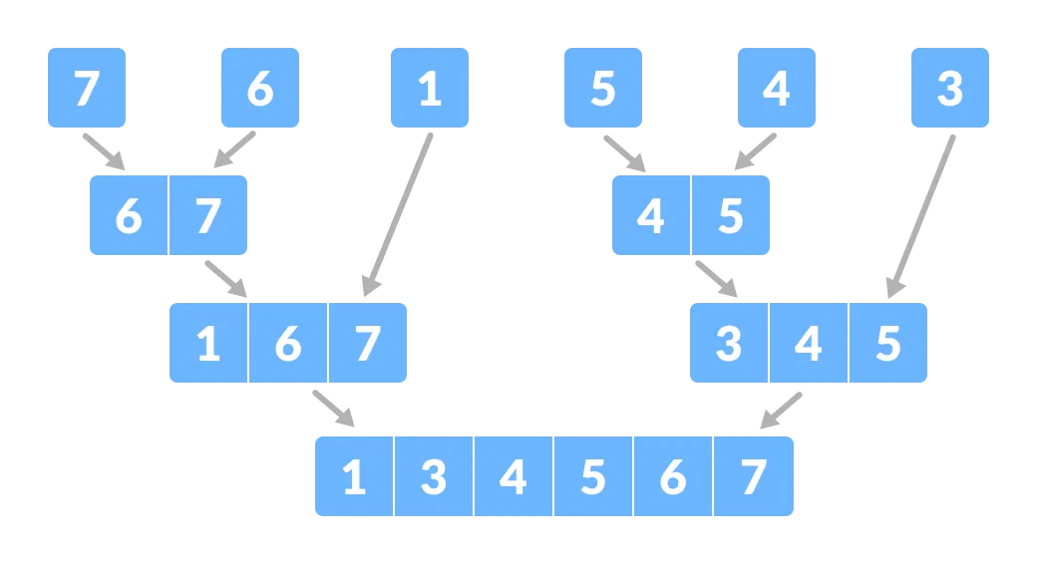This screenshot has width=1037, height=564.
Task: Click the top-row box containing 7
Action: (87, 88)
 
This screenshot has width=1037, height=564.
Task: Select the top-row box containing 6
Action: (259, 88)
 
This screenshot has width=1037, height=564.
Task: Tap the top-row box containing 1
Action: (430, 88)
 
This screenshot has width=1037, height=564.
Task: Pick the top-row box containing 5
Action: (602, 88)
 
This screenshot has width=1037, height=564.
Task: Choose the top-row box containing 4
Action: (776, 88)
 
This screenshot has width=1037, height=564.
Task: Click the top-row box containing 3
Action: (949, 88)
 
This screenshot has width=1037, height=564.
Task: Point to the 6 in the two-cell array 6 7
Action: (129, 215)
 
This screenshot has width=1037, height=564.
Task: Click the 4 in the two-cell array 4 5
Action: (651, 215)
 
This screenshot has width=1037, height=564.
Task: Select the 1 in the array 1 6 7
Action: (208, 343)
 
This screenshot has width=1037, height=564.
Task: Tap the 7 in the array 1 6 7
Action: (367, 343)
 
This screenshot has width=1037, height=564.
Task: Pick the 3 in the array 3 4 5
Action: (730, 343)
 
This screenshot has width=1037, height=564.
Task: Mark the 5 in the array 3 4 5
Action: (887, 343)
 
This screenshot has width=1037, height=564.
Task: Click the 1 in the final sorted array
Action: (354, 476)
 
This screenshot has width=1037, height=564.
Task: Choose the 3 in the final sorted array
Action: (434, 476)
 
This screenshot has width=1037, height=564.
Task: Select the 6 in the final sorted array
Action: (673, 476)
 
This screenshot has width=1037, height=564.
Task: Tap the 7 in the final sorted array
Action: (753, 476)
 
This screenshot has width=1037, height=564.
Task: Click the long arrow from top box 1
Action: (399, 213)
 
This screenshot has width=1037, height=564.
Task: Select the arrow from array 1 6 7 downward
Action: (333, 408)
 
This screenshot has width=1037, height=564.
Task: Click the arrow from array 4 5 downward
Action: (716, 278)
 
